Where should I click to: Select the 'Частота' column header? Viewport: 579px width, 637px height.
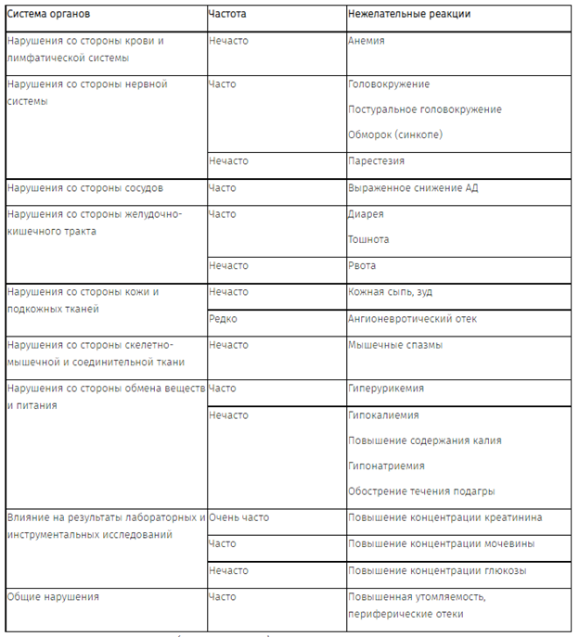tap(228, 17)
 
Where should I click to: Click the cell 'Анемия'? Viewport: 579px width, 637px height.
tap(367, 42)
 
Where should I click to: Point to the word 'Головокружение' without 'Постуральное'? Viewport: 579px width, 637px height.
tap(389, 84)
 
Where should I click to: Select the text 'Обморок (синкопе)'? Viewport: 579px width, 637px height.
tap(395, 134)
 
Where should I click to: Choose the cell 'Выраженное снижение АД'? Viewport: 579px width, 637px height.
tap(413, 188)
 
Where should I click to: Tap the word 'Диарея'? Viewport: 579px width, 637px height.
tap(366, 214)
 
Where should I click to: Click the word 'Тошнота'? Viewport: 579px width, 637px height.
tap(368, 240)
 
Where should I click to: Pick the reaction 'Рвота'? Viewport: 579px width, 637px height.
tap(363, 266)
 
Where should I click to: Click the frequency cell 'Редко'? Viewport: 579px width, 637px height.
tap(223, 319)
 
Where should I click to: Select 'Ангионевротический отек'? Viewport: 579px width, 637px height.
tap(413, 319)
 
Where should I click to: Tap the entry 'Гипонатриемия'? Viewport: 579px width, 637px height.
tap(386, 466)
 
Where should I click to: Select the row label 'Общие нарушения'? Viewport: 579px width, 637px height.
tap(53, 597)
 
